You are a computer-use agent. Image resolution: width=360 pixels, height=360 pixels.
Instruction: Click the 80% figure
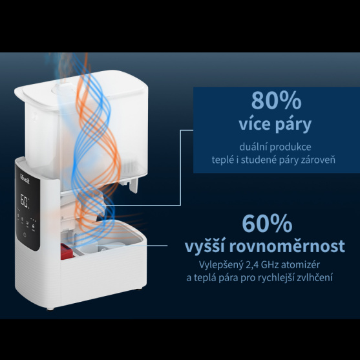click(x=276, y=101)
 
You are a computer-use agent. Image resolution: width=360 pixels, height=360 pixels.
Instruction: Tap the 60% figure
click(x=267, y=224)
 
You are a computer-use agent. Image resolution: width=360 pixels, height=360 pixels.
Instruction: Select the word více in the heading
click(x=255, y=124)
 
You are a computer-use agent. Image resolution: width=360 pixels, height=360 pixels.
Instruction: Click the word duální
click(x=253, y=147)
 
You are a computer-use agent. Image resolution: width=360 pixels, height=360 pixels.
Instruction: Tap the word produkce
click(x=290, y=147)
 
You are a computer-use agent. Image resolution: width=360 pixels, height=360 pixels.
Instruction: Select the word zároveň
click(x=321, y=160)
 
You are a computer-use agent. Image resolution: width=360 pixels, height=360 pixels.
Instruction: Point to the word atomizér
click(x=301, y=265)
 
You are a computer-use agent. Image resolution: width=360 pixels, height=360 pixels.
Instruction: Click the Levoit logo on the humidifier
click(x=25, y=179)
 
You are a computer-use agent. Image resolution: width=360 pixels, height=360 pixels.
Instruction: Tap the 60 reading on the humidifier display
click(x=24, y=200)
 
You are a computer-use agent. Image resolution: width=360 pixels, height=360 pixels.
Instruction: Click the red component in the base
click(x=67, y=251)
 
